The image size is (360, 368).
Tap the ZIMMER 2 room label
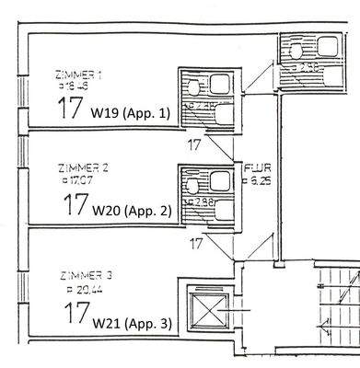tap(83, 168)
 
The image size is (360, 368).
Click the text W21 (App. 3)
tap(131, 324)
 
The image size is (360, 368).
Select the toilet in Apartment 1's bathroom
tap(195, 86)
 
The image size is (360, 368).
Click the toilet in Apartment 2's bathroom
tap(195, 184)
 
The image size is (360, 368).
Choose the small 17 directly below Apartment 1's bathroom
tap(194, 144)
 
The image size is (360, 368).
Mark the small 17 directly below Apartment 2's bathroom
tap(195, 244)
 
